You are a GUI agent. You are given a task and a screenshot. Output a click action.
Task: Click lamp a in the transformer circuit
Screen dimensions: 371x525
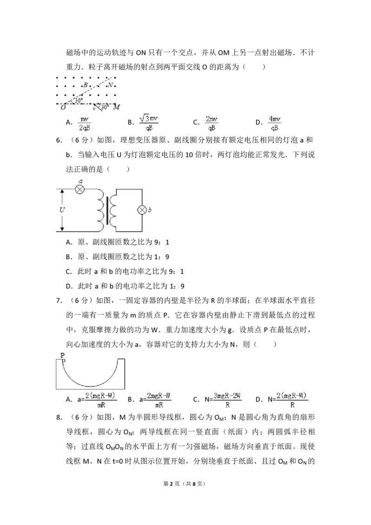tap(80, 190)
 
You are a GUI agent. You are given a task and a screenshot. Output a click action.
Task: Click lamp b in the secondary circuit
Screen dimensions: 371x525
tap(142, 210)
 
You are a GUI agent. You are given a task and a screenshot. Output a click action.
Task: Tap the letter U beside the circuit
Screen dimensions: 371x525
tap(62, 210)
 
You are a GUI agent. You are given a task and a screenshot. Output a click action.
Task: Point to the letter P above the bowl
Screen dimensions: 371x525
tap(62, 355)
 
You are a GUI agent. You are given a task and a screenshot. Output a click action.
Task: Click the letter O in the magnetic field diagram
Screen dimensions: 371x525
tap(63, 107)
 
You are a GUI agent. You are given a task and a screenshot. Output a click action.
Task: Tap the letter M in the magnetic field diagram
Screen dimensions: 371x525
tap(116, 107)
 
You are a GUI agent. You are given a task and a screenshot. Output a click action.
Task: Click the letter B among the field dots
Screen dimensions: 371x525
tap(85, 85)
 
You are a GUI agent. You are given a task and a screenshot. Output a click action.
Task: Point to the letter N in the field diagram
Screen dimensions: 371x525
tap(110, 85)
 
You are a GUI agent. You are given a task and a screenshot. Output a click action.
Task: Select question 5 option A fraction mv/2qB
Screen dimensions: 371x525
tap(84, 123)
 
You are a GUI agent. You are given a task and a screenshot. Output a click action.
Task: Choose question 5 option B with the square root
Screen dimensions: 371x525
tap(148, 122)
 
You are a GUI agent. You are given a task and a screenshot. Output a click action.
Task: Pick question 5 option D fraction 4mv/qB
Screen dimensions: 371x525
tap(274, 123)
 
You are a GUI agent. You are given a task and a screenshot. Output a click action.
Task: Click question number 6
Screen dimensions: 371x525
tap(59, 140)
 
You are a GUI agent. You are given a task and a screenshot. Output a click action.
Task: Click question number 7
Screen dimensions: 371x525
tap(59, 301)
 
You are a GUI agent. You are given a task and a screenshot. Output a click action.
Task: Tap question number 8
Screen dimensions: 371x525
tap(59, 417)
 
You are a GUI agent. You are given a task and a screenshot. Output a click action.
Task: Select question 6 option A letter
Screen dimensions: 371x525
tap(69, 242)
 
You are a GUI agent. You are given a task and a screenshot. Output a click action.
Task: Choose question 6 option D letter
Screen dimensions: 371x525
tap(69, 286)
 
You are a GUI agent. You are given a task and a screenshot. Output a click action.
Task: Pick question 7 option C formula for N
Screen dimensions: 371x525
tap(223, 400)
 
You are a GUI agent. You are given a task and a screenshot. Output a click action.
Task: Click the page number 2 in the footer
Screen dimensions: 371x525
tap(172, 483)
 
